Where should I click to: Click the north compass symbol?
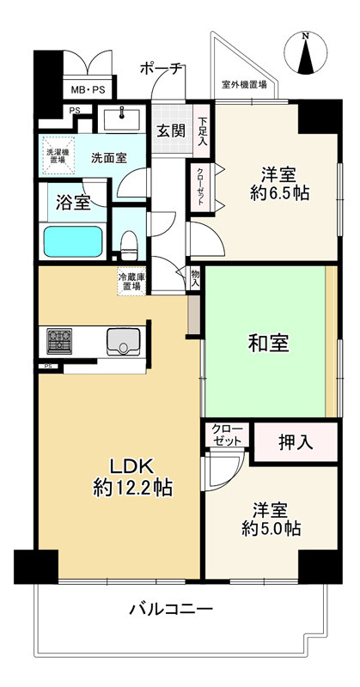click(x=306, y=52)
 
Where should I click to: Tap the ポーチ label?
click(x=162, y=70)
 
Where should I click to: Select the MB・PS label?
click(x=88, y=90)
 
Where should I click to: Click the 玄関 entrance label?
click(x=171, y=131)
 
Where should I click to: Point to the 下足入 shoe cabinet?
click(x=202, y=131)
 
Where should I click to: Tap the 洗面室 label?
click(x=109, y=157)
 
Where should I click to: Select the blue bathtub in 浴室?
click(x=73, y=241)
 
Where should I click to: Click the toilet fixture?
click(x=129, y=245)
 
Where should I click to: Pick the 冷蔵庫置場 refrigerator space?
click(x=131, y=282)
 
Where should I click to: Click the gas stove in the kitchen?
click(x=59, y=341)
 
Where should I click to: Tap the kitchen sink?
click(x=124, y=341)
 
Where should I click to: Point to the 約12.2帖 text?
click(x=132, y=488)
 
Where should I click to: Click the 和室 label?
click(x=268, y=343)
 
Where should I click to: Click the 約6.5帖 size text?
click(x=280, y=192)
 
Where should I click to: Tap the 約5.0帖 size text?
click(x=272, y=529)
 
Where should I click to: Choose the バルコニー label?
click(x=171, y=609)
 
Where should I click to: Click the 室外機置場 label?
click(x=244, y=85)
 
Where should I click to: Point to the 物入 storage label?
click(x=195, y=278)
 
